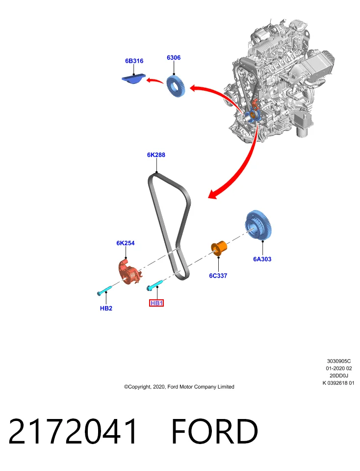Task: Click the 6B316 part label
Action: coord(134,61)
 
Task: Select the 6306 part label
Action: coord(174,57)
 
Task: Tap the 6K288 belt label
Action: coord(156,155)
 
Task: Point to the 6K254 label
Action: coord(126,243)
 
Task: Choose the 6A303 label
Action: coord(262,259)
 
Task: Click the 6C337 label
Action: coord(218,275)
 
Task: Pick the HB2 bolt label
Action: coord(106,308)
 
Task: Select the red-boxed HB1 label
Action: coord(156,303)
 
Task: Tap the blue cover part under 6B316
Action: coord(133,78)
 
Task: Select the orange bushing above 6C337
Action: coord(219,247)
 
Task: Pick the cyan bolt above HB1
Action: coord(154,285)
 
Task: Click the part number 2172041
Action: coord(73,431)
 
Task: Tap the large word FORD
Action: coord(214,431)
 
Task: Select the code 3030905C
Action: coord(339,361)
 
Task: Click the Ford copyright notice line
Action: coord(179,387)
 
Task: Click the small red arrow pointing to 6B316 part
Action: coord(154,80)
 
